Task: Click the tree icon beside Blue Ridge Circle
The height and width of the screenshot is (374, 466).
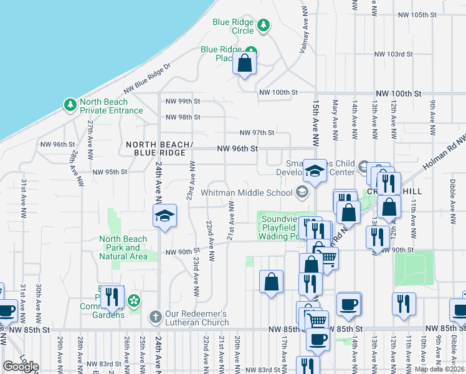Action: tap(264, 25)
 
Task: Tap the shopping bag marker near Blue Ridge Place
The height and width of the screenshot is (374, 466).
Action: tap(244, 63)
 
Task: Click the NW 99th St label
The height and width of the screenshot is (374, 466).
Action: tap(183, 101)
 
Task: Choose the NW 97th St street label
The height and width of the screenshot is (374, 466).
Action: tap(257, 133)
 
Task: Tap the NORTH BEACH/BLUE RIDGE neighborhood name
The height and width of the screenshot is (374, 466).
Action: tap(156, 148)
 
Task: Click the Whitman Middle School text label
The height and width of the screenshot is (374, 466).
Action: tap(249, 193)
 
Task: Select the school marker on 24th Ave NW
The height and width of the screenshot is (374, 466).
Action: tap(164, 217)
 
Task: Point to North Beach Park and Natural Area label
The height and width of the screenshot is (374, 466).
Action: tap(123, 247)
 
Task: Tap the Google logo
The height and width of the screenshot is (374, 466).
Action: tap(21, 367)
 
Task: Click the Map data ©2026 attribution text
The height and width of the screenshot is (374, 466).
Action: tap(439, 369)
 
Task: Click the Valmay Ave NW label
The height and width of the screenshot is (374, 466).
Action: tap(305, 31)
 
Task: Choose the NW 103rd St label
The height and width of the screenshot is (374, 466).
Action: tap(392, 54)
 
